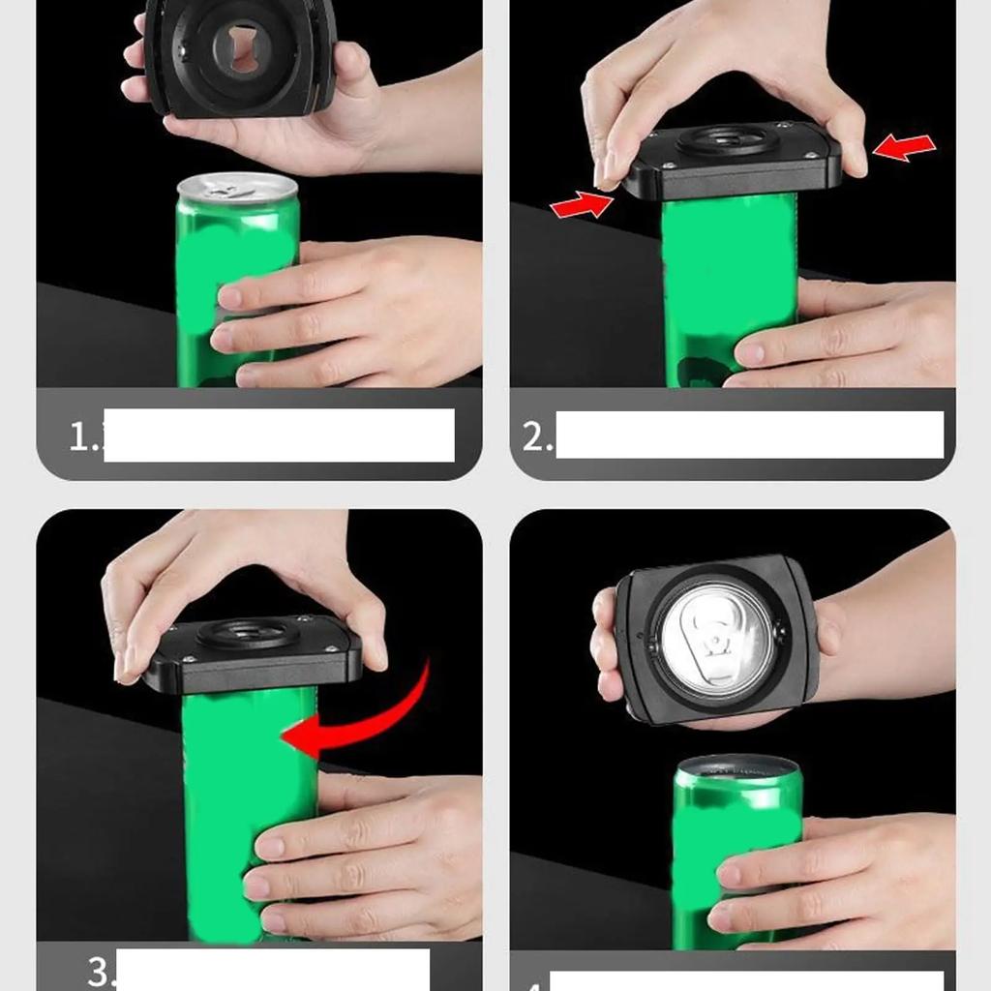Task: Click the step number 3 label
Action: click(x=100, y=971)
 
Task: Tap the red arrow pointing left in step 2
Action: click(x=904, y=147)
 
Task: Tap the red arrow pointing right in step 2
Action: click(x=582, y=204)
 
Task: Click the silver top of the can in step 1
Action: click(x=237, y=186)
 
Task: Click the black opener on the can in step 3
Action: click(x=253, y=653)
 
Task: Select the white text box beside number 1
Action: click(x=279, y=435)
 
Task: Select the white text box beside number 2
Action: click(x=749, y=435)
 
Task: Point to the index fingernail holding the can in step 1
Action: click(x=230, y=297)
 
